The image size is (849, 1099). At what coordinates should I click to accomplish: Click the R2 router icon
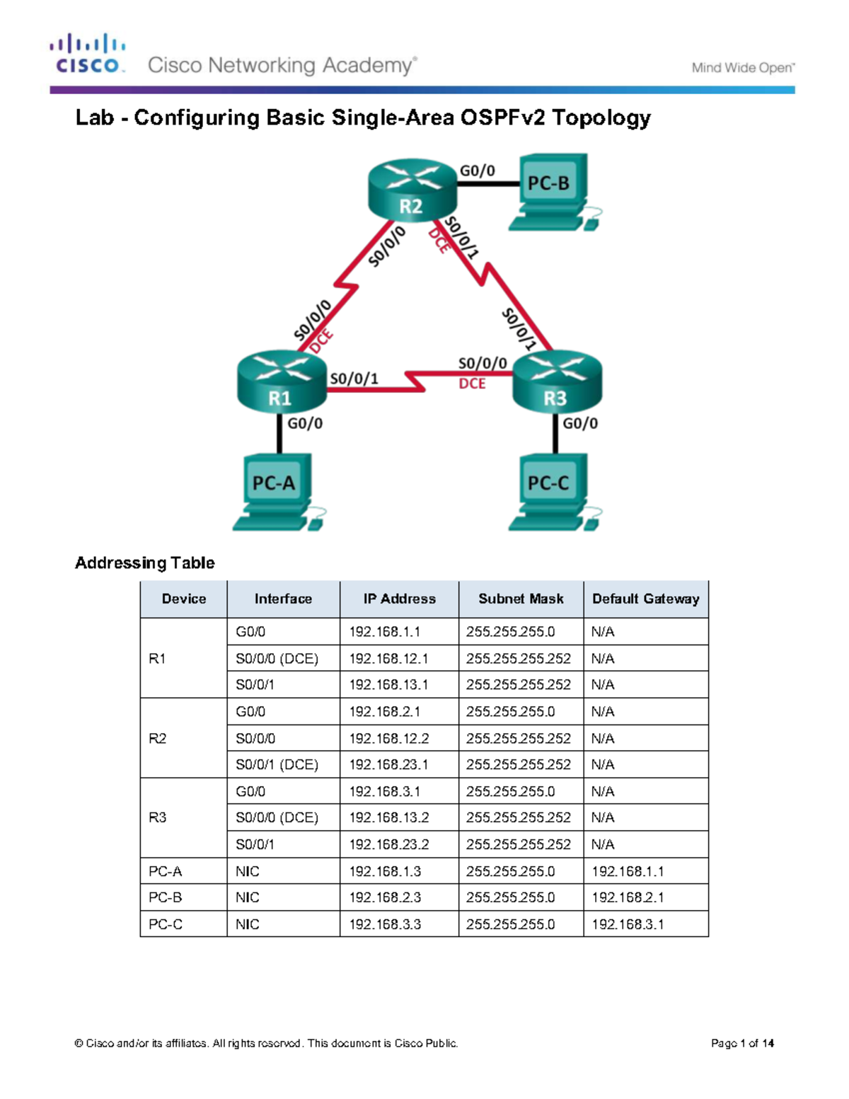pyautogui.click(x=412, y=189)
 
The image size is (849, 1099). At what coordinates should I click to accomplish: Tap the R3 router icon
pyautogui.click(x=557, y=382)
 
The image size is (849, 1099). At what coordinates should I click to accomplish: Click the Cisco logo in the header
pyautogui.click(x=88, y=54)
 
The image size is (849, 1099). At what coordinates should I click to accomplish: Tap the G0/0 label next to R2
pyautogui.click(x=478, y=171)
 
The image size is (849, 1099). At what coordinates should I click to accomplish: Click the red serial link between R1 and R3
pyautogui.click(x=417, y=382)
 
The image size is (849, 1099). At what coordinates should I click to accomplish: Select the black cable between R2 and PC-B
pyautogui.click(x=487, y=184)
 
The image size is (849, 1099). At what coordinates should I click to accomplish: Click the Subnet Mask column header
pyautogui.click(x=521, y=599)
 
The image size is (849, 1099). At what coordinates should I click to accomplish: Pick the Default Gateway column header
pyautogui.click(x=645, y=599)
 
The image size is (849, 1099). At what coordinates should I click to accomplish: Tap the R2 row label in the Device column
pyautogui.click(x=157, y=738)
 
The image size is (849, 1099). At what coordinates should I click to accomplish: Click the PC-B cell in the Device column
pyautogui.click(x=165, y=897)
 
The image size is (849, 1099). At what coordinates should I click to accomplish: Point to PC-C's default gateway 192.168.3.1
pyautogui.click(x=628, y=924)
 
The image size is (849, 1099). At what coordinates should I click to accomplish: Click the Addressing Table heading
pyautogui.click(x=145, y=563)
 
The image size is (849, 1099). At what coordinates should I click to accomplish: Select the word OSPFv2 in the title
pyautogui.click(x=503, y=117)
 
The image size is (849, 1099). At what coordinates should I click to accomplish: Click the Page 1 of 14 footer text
pyautogui.click(x=742, y=1043)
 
